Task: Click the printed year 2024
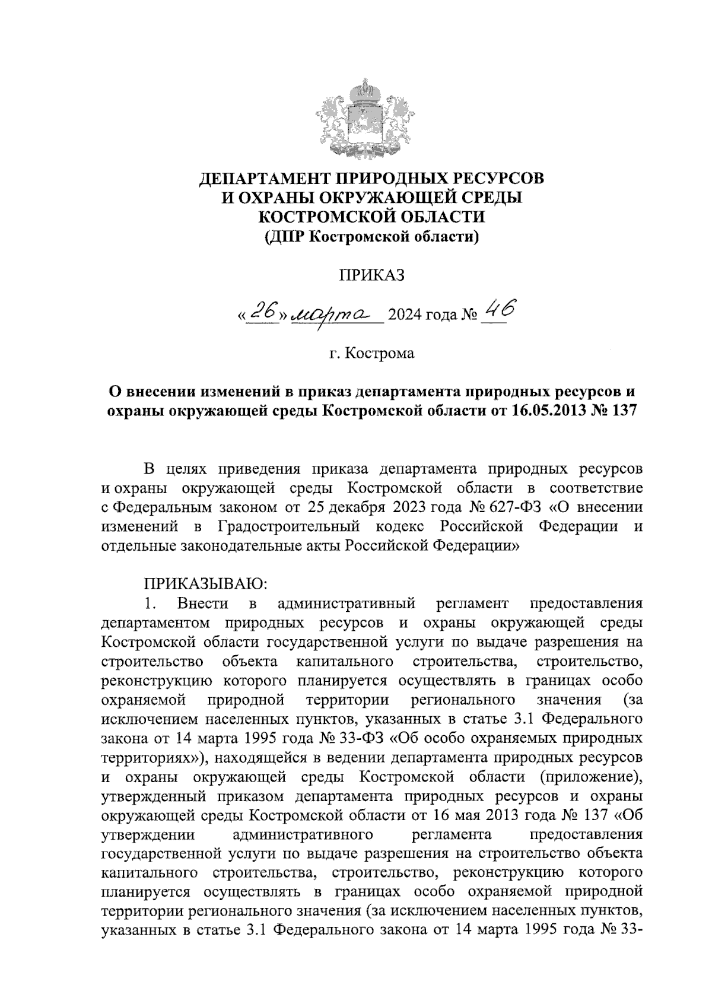click(x=403, y=315)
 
